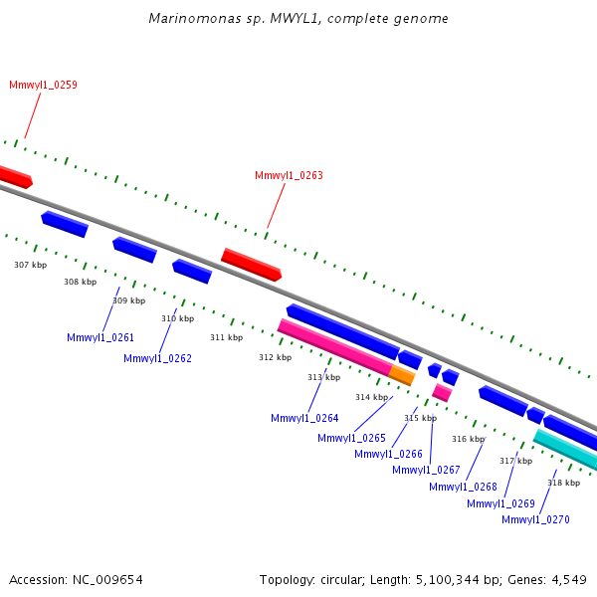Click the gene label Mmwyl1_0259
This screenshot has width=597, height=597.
click(43, 85)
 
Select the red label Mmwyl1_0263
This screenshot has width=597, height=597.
click(289, 175)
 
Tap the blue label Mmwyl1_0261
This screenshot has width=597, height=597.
click(100, 337)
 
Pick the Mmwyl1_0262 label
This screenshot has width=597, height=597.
click(157, 358)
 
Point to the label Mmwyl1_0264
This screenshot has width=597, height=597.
click(304, 419)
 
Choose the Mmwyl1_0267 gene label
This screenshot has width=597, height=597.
click(426, 471)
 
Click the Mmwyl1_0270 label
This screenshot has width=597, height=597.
click(535, 520)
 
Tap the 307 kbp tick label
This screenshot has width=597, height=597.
click(31, 265)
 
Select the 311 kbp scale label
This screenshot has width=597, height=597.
click(227, 337)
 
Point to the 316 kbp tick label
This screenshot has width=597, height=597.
click(469, 439)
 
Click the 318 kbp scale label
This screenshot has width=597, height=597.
click(564, 483)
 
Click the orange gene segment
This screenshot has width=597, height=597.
click(402, 375)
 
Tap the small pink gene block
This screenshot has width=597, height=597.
click(442, 393)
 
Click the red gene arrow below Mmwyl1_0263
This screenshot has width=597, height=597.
click(252, 265)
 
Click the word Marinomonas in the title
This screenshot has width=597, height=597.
click(195, 18)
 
